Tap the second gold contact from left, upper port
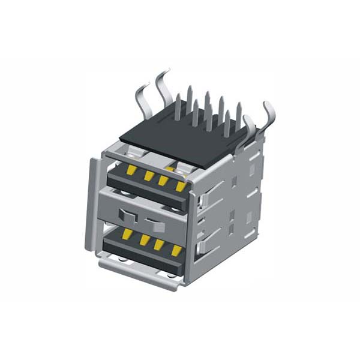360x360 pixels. point(148,176)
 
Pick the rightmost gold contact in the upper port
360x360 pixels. point(179,186)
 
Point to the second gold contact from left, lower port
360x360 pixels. point(145,239)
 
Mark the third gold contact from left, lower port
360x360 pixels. point(160,244)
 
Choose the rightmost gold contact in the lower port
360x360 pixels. point(176,249)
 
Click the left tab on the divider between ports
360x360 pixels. point(126,214)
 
